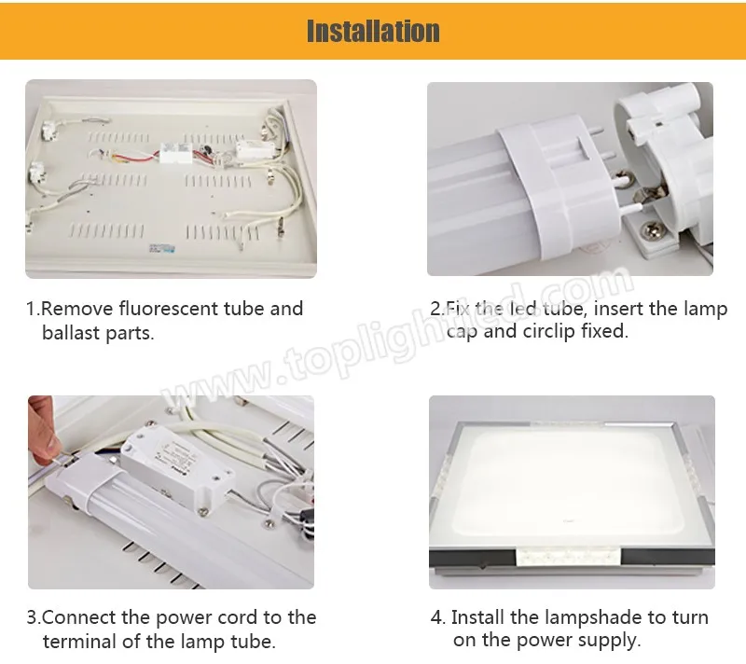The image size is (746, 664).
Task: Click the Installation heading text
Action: coord(373,31)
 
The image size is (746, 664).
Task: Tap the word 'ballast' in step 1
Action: coord(73,333)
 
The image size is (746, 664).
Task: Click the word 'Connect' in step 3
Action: coord(80,617)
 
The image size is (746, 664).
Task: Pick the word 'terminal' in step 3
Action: coord(79,642)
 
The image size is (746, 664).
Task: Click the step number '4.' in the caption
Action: coord(438,617)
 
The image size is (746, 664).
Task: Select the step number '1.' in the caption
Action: coord(33,309)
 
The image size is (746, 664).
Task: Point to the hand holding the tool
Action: coord(43,424)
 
